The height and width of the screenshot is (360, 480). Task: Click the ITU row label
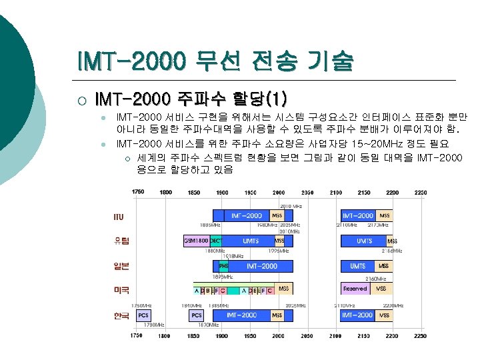(x=118, y=216)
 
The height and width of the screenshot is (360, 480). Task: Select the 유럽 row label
(x=121, y=241)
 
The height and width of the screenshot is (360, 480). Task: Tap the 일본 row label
(x=121, y=266)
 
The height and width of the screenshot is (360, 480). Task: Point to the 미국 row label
(x=121, y=290)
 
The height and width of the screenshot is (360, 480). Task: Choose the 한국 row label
(x=121, y=315)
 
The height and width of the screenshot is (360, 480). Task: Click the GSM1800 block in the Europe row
(x=196, y=241)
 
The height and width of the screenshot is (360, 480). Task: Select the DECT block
(x=216, y=241)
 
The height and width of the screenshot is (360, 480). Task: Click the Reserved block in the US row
(x=355, y=289)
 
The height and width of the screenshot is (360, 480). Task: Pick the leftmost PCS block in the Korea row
(x=143, y=315)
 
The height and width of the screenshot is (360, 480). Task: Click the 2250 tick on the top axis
(x=421, y=192)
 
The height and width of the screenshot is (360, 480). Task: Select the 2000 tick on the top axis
(x=278, y=192)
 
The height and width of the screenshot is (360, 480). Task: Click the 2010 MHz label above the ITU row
(x=290, y=206)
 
